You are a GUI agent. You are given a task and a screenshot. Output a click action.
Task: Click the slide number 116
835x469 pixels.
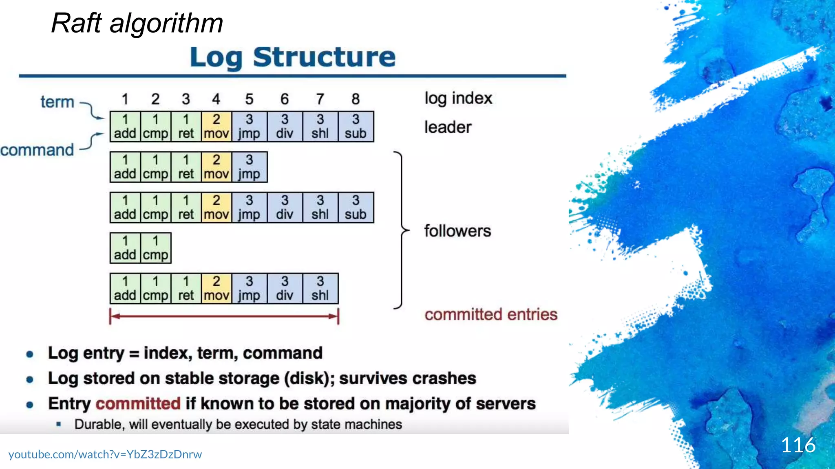798,445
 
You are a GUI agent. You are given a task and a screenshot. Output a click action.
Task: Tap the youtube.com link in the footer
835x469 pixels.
105,454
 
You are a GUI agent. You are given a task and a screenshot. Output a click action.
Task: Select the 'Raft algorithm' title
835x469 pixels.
137,23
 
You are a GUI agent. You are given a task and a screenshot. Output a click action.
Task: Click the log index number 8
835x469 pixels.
356,99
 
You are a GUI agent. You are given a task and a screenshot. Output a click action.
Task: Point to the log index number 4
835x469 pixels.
216,99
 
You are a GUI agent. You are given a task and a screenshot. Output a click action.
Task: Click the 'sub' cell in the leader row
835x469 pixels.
356,127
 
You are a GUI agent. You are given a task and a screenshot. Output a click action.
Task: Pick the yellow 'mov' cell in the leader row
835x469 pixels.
216,127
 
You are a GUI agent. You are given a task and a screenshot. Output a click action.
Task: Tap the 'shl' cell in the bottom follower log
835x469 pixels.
320,289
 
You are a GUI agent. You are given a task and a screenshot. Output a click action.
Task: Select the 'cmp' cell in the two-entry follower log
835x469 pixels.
155,248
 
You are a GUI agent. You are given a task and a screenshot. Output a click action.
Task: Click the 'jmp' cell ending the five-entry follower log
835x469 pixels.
249,167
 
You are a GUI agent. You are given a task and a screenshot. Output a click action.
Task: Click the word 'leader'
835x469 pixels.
448,127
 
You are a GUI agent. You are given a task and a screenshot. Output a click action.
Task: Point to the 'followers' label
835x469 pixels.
457,231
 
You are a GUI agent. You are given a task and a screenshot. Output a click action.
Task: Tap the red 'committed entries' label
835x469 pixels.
491,315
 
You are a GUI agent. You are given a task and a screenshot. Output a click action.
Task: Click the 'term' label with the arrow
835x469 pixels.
57,102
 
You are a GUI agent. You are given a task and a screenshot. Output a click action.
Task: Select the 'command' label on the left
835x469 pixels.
37,150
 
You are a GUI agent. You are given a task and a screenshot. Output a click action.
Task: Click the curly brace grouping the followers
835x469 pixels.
401,230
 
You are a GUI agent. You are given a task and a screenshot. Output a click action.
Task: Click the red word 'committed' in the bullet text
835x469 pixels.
138,404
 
